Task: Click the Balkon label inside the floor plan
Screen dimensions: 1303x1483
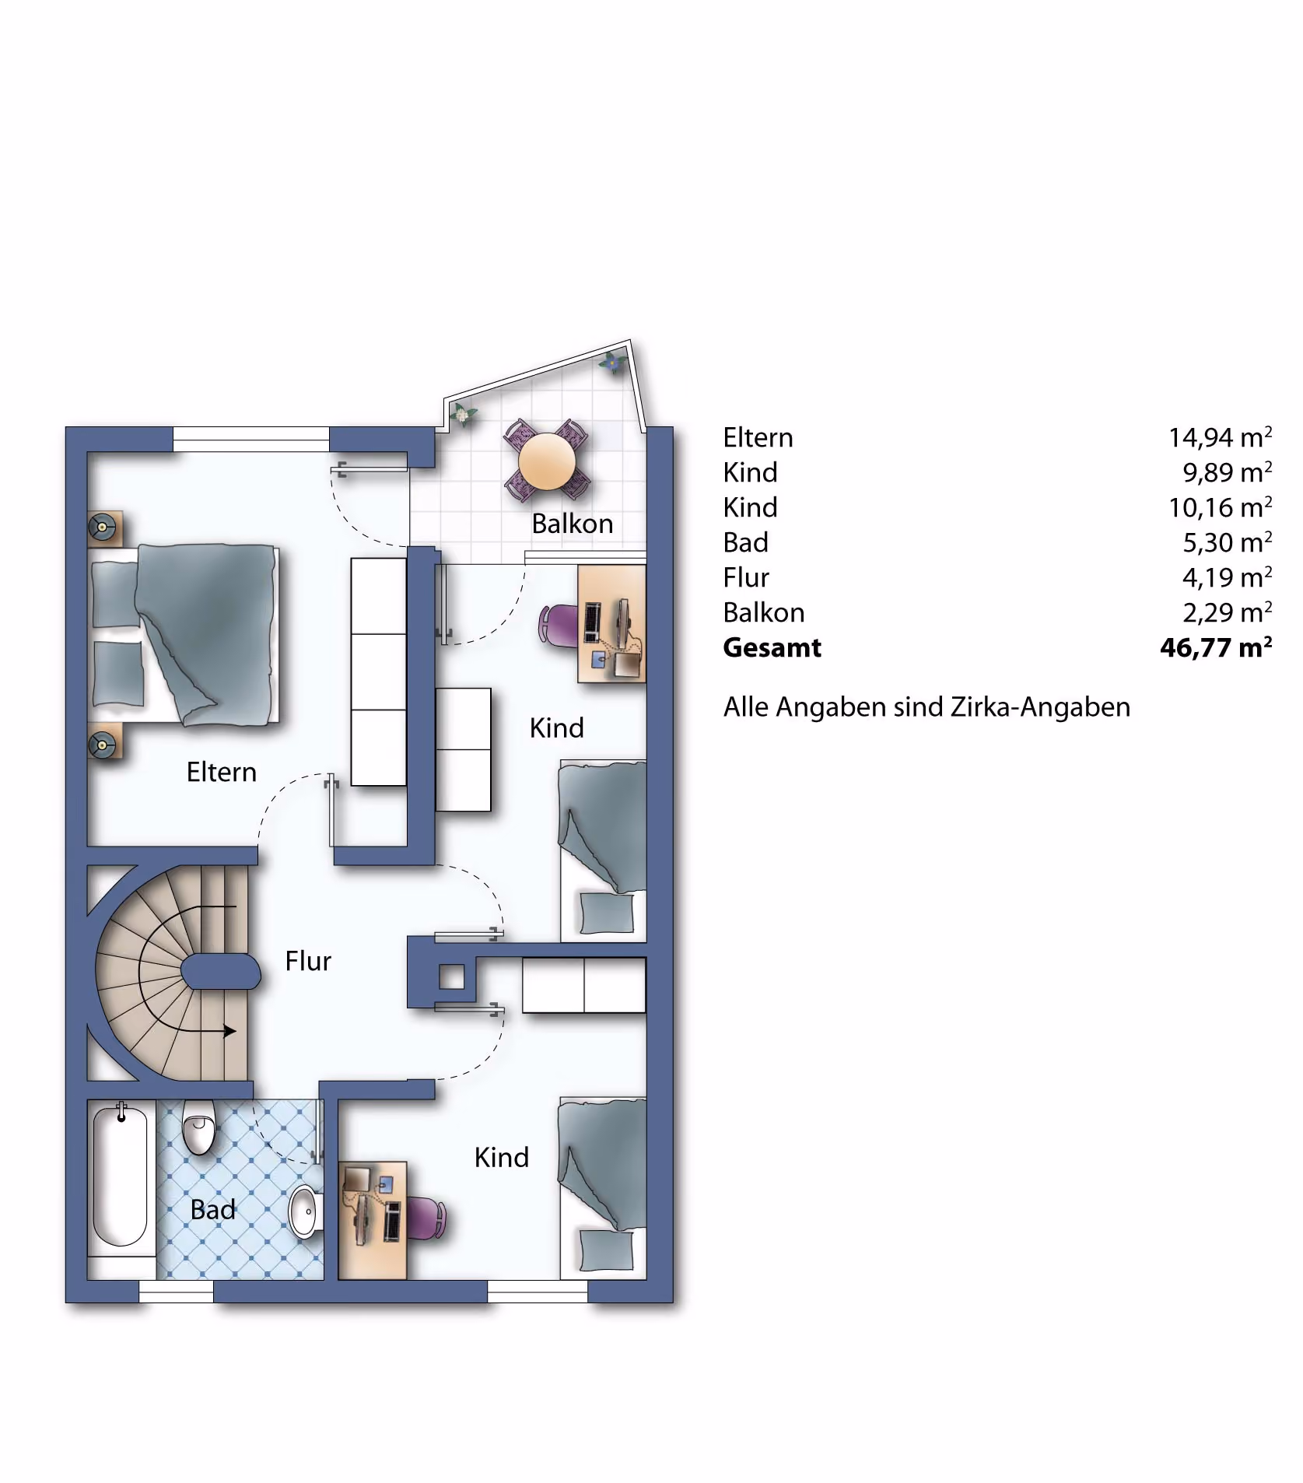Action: [573, 524]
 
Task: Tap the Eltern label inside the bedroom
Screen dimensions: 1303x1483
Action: [222, 772]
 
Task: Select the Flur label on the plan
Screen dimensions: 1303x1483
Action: [308, 961]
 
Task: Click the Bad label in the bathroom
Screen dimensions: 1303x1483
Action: [213, 1209]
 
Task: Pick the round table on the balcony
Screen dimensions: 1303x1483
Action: [547, 461]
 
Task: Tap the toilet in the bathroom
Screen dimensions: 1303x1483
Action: [198, 1127]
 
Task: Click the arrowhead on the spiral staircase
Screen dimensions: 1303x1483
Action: [229, 1032]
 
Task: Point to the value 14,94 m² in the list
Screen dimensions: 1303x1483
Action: [1220, 437]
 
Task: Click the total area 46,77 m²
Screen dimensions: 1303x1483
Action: [1216, 647]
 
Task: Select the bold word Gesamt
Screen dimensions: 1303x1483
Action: [772, 647]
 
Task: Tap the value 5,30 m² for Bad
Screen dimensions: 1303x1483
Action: [1228, 542]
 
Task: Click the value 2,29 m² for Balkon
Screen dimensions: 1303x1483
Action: [1228, 612]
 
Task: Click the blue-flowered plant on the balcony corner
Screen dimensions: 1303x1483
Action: [613, 362]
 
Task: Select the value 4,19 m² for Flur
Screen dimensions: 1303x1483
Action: [1228, 577]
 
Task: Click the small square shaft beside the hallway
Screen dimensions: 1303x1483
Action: [452, 976]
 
